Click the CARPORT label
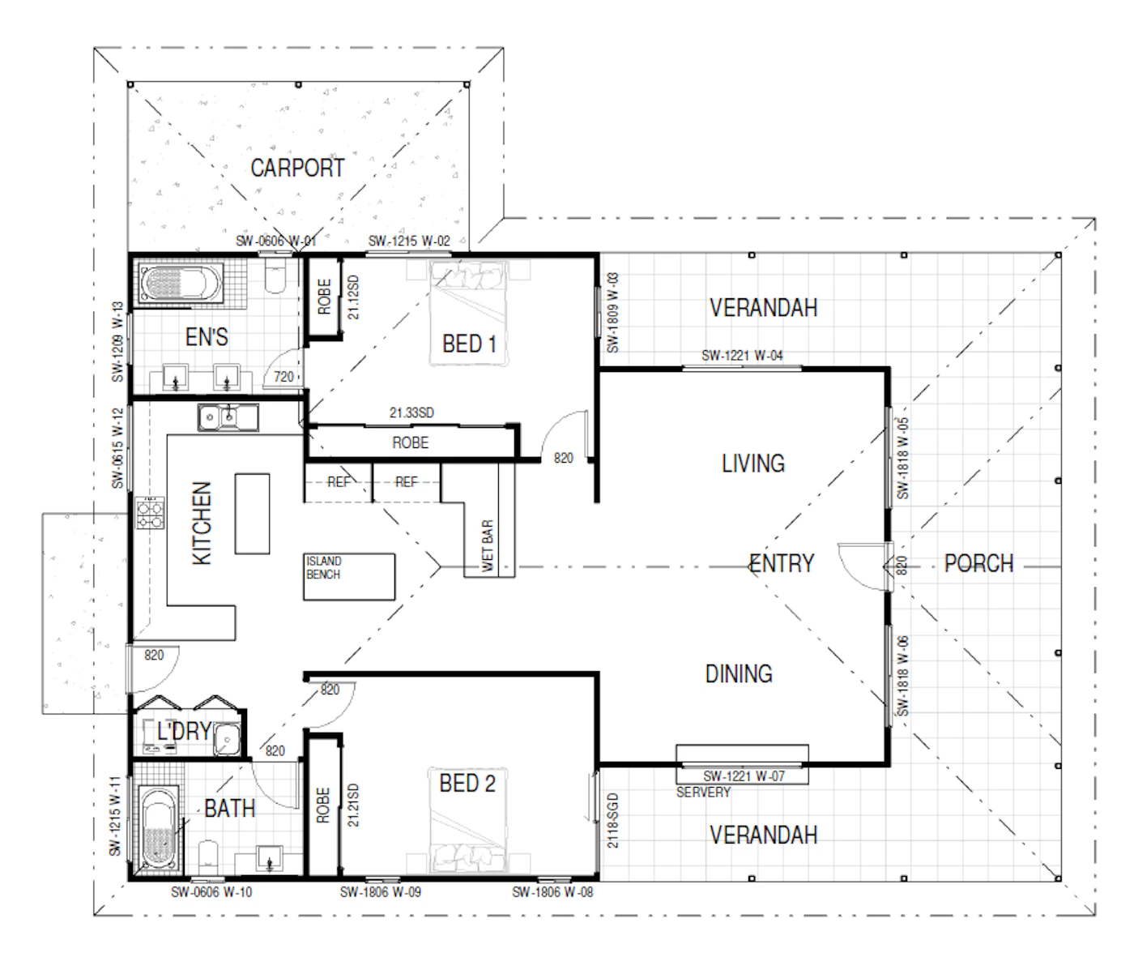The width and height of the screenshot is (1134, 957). pos(297,168)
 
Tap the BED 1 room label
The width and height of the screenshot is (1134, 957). pos(469,344)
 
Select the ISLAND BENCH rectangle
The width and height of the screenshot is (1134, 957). pos(348,577)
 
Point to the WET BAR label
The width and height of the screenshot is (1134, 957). pos(487,545)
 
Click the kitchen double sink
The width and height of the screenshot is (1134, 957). pos(228,417)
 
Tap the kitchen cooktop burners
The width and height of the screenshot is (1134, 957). pos(150,512)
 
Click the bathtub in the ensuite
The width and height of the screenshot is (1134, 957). pos(181,283)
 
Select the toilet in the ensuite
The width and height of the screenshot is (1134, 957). pos(275,275)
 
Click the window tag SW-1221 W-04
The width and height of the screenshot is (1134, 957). pos(742,356)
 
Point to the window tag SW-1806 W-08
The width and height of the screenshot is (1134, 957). pos(552,892)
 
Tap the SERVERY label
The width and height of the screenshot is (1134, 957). pos(703,793)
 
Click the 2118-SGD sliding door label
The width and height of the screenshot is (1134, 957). pos(612,821)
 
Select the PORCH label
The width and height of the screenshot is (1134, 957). pos(978,563)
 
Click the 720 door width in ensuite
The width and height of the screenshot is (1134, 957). pos(283,377)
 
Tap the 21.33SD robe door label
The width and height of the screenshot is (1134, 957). pos(411,413)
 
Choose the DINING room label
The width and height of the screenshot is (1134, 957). pos(739,674)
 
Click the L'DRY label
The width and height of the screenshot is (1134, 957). pos(184,732)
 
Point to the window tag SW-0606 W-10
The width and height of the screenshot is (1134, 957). pos(211,892)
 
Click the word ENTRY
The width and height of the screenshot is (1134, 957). pos(782,563)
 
